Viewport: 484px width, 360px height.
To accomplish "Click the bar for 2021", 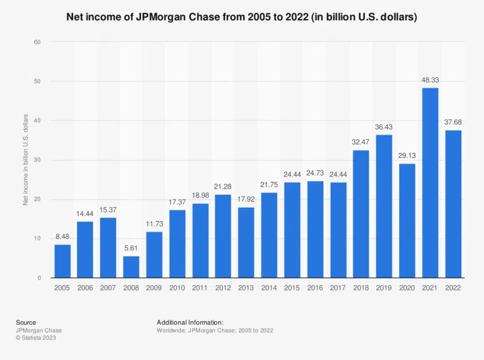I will (430, 182).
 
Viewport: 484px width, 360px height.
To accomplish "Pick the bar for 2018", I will (362, 214).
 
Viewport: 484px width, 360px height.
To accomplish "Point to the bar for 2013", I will (246, 242).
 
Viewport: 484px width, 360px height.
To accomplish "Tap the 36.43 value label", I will (384, 128).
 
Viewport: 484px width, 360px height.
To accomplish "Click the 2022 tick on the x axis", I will (453, 288).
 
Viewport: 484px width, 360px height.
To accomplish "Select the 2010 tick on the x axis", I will (177, 288).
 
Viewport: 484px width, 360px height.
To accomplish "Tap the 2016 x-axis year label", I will (315, 288).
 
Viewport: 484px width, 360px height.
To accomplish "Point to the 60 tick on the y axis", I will (37, 42).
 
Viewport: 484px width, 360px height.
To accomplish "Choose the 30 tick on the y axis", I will (37, 160).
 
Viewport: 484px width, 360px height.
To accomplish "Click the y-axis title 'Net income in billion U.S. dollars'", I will (25, 159).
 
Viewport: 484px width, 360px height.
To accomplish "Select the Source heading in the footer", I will (26, 322).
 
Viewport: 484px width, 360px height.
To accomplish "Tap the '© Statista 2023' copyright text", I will (36, 338).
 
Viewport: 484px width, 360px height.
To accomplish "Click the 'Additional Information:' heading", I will (190, 322).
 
